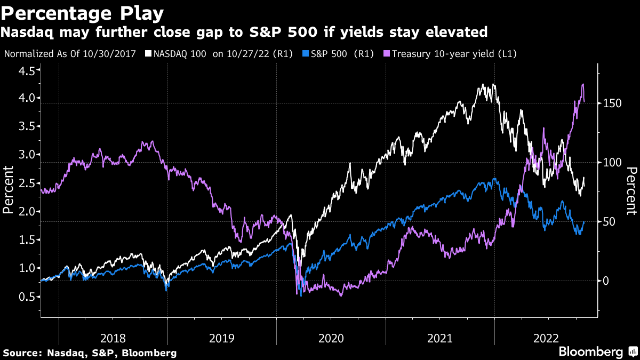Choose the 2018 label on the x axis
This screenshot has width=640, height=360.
coord(113,338)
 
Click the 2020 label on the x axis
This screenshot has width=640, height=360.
coord(331,338)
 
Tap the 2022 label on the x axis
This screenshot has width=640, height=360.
coord(548,338)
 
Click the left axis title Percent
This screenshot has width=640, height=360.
coord(9,190)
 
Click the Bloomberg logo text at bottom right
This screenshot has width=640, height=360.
coord(590,352)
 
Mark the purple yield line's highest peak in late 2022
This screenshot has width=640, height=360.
coord(582,84)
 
